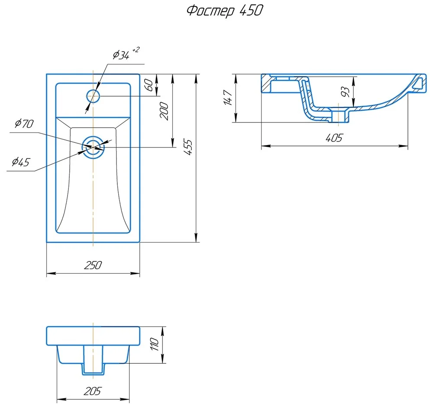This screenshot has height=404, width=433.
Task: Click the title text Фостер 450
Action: pos(224,11)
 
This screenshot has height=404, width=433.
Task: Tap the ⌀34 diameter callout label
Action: pos(121,55)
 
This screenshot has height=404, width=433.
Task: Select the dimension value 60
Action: pos(149,85)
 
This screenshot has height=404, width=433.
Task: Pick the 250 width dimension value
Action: pos(93,265)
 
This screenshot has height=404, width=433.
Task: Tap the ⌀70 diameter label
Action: pos(23,124)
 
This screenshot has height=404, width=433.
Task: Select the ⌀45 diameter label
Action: pos(20,162)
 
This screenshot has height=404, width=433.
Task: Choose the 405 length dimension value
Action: pos(334,138)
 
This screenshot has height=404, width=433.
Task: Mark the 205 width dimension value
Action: pos(92,391)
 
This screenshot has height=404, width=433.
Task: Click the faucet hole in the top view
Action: pos(93,96)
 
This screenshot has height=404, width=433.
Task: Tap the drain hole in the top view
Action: pos(93,147)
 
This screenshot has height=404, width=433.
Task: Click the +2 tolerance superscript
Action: pos(136,50)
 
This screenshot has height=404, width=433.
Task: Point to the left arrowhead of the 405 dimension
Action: pos(264,146)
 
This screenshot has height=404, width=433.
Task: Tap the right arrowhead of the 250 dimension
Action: pos(137,273)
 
